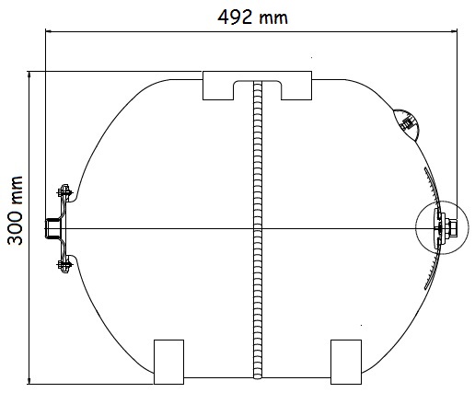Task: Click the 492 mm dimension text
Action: (252, 17)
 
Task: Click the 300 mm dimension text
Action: (15, 211)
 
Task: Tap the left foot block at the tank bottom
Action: (168, 362)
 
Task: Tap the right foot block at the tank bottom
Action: (346, 362)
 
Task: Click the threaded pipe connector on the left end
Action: (52, 228)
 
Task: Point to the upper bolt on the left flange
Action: (64, 192)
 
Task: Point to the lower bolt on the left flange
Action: (64, 264)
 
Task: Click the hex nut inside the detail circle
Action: (452, 228)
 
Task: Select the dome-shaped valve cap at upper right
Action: (407, 123)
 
